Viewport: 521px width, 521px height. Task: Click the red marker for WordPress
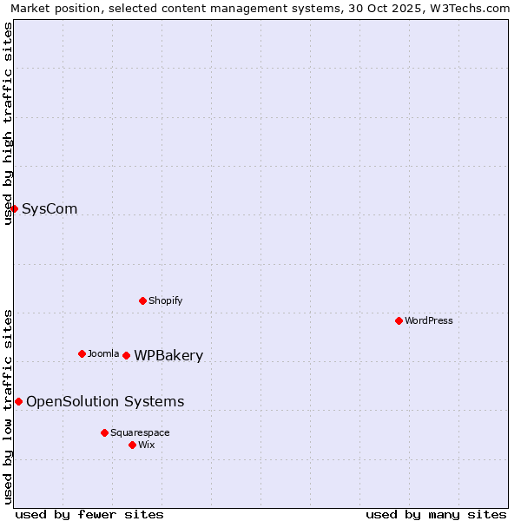(x=399, y=320)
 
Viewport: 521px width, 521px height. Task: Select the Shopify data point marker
(x=142, y=300)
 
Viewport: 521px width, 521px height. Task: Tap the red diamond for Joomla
(x=82, y=353)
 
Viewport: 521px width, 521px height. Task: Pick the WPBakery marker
(x=126, y=355)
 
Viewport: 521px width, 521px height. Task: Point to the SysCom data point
(x=14, y=208)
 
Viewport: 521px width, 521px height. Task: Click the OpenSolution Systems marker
(x=18, y=401)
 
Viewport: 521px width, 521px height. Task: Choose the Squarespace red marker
(x=104, y=432)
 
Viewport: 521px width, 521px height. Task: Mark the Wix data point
(x=132, y=445)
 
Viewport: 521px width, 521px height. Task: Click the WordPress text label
(x=429, y=320)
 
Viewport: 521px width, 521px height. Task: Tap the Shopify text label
(x=166, y=300)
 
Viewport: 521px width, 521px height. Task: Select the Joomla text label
(x=103, y=353)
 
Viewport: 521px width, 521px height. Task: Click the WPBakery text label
(x=168, y=355)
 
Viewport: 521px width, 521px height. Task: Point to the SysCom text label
(x=49, y=208)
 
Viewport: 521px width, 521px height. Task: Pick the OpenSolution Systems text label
(x=105, y=401)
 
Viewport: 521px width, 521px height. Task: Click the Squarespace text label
(x=140, y=432)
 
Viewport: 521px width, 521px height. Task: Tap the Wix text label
(x=147, y=445)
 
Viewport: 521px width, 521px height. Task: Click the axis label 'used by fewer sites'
(x=89, y=514)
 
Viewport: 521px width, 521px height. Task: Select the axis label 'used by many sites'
(x=436, y=514)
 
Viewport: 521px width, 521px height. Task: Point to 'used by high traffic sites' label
(x=8, y=123)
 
